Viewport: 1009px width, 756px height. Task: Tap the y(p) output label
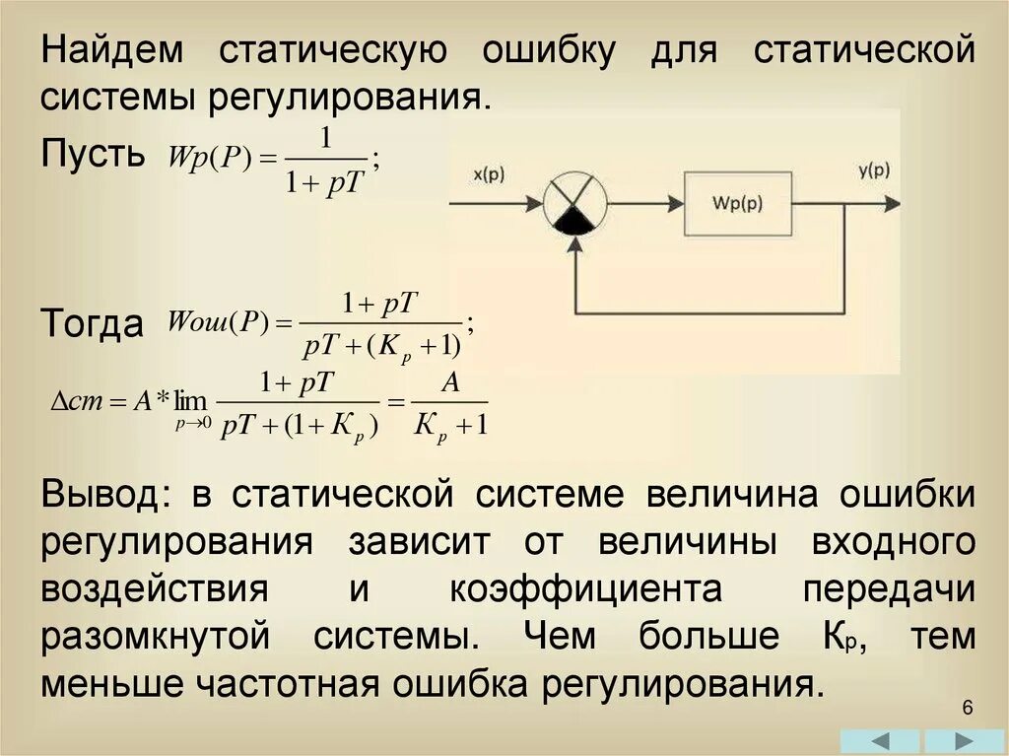click(x=873, y=170)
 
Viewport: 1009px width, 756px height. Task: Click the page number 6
click(x=967, y=709)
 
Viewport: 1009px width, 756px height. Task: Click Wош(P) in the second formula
click(x=218, y=322)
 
